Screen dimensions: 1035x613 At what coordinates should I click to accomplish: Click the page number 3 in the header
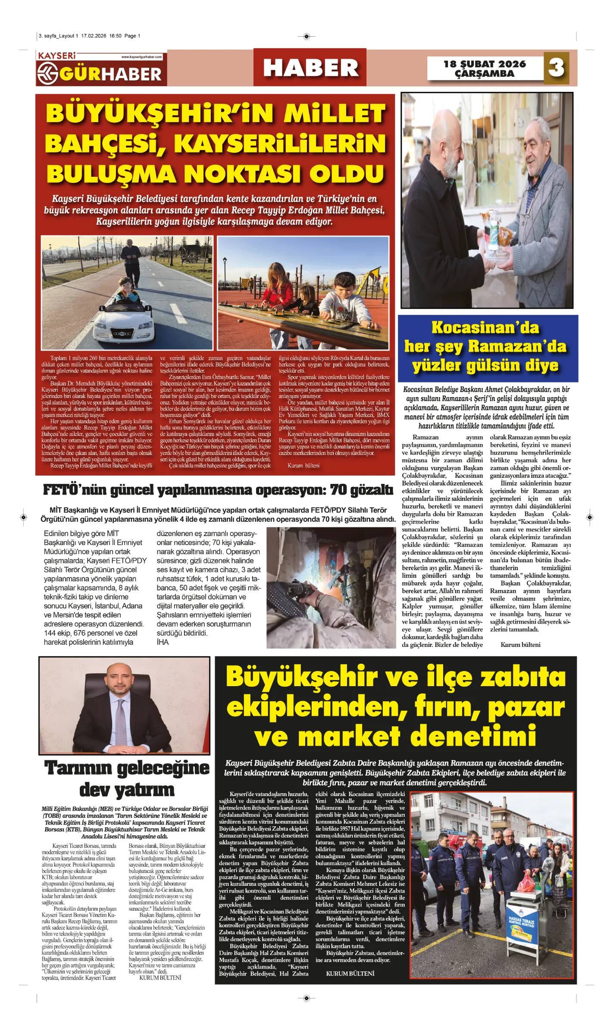(x=556, y=68)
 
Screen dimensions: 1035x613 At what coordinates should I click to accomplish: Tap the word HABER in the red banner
(x=310, y=68)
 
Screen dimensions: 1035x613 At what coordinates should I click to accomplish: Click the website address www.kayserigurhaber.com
(x=141, y=57)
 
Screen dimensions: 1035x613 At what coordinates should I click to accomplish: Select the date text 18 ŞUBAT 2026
(x=485, y=64)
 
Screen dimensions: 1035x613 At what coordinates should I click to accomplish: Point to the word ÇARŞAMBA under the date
(x=485, y=74)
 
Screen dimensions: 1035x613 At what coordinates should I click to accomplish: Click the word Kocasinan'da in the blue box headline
(x=485, y=328)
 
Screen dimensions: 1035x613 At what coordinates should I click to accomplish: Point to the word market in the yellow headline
(x=349, y=737)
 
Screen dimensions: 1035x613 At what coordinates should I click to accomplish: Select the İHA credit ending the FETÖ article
(x=163, y=642)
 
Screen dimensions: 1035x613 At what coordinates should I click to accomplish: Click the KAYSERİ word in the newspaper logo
(x=57, y=56)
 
